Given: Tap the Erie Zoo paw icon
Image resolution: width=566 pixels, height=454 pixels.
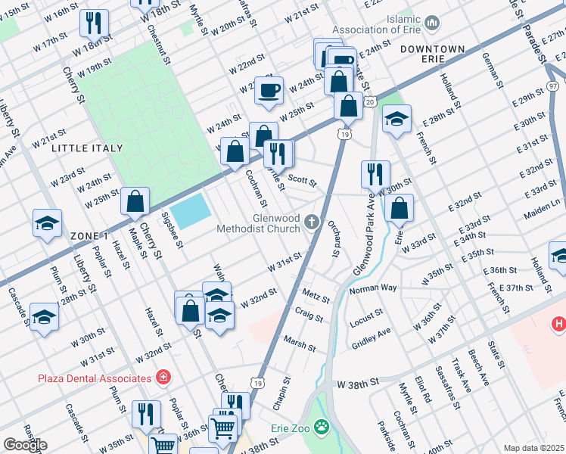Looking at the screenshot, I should pyautogui.click(x=322, y=428).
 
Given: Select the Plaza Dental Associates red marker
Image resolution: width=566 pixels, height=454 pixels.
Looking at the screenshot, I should pyautogui.click(x=162, y=378).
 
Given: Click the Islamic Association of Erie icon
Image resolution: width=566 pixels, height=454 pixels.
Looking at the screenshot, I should pyautogui.click(x=433, y=23).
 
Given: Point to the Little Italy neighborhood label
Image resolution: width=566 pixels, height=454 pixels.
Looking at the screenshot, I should pyautogui.click(x=81, y=149).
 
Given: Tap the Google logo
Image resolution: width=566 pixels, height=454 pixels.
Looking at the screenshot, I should pyautogui.click(x=25, y=445).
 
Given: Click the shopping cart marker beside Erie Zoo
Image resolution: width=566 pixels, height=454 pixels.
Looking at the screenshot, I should pyautogui.click(x=223, y=428).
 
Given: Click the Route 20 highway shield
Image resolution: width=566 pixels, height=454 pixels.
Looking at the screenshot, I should pyautogui.click(x=369, y=101).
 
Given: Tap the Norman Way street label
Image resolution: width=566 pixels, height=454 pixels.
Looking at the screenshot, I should pyautogui.click(x=372, y=288).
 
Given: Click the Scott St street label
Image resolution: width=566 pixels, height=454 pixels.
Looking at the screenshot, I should pyautogui.click(x=301, y=182).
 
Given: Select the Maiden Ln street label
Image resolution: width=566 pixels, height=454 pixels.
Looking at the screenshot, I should pyautogui.click(x=545, y=204).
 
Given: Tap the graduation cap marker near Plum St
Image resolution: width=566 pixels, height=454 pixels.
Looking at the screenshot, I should pyautogui.click(x=47, y=224).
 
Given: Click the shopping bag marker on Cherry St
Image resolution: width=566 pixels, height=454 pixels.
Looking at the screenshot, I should pyautogui.click(x=135, y=202).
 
